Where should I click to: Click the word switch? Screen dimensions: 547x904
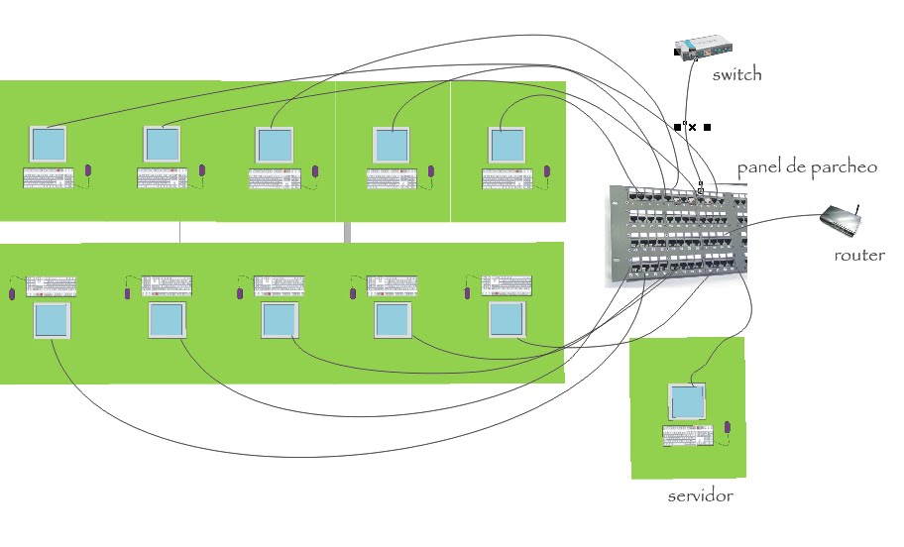[736, 75]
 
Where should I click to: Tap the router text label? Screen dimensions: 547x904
[859, 255]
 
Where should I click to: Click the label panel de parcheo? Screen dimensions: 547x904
[807, 167]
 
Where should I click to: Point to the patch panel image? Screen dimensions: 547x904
[677, 235]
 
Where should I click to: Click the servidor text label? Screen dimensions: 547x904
[701, 494]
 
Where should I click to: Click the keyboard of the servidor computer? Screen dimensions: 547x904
[689, 436]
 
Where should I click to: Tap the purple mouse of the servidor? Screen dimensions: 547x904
[727, 427]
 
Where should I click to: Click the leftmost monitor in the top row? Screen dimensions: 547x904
[49, 146]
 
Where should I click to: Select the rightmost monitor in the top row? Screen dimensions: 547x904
[508, 147]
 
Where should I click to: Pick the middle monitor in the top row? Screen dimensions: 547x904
[277, 147]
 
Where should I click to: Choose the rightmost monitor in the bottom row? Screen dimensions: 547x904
[507, 320]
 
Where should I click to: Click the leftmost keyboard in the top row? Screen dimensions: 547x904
[49, 178]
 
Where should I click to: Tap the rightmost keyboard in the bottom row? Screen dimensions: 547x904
[507, 285]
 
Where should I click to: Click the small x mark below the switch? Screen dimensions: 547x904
[693, 127]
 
